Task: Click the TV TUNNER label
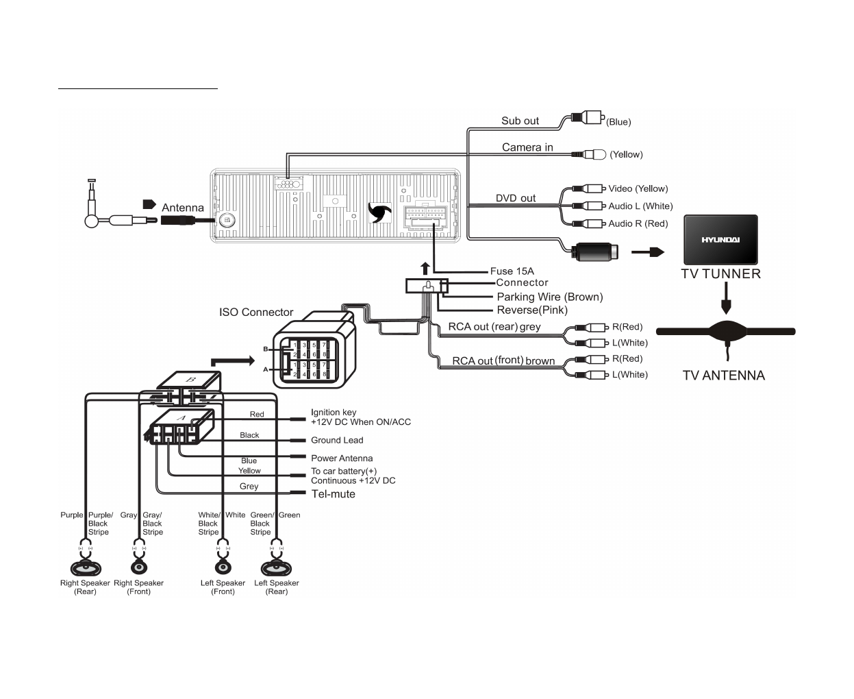point(720,274)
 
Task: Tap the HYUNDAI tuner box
point(720,241)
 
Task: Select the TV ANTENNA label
point(723,376)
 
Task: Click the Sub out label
point(520,121)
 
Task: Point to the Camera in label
point(527,147)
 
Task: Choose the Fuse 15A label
point(512,271)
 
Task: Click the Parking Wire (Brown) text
point(550,297)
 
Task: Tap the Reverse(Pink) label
point(532,310)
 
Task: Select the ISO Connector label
point(256,312)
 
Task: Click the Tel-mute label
point(334,494)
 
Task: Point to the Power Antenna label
point(342,458)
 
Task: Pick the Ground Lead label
point(337,441)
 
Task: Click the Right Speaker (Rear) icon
point(86,567)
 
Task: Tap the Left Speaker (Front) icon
point(223,567)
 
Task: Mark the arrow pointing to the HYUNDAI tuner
point(647,252)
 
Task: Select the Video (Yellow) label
point(638,189)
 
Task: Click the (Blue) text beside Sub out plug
point(618,122)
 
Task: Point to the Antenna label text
point(182,208)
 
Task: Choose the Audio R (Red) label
point(638,223)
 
